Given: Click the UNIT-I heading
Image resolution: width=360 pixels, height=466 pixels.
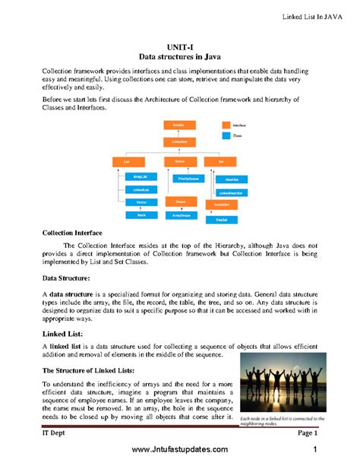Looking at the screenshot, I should coord(180,46).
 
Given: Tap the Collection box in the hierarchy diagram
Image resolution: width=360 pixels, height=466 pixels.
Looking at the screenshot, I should coord(180,141).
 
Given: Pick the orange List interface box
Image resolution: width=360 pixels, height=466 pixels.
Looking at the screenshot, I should coord(128,161).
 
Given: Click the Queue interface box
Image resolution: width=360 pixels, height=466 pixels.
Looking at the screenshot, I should coord(180,161).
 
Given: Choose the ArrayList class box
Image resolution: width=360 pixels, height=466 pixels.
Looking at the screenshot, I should coord(141,176).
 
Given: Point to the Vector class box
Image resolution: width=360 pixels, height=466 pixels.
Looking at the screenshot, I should coord(141,202).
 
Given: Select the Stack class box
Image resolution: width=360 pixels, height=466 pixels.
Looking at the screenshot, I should coord(141,215).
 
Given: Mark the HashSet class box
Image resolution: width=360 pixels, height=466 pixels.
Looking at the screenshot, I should coord(231,179).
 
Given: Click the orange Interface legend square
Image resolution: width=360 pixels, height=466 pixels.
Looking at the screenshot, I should coord(226,125).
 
